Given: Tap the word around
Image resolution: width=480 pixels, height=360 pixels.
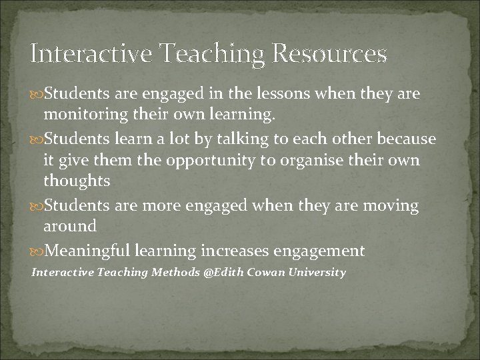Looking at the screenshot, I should (70, 227).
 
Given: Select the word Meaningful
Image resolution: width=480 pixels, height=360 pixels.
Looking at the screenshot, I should (90, 251).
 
